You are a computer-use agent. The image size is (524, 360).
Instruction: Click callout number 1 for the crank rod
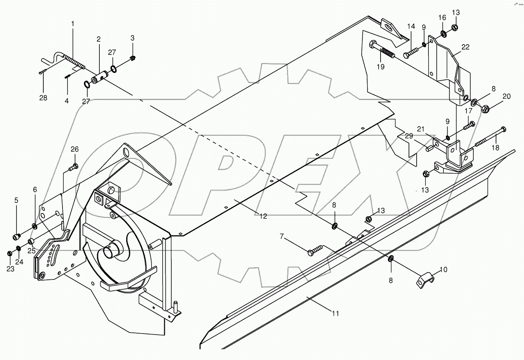73,24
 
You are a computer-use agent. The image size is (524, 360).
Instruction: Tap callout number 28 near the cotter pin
43,98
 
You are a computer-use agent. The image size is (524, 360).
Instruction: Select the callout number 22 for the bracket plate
465,47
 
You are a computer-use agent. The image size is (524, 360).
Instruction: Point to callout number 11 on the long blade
336,314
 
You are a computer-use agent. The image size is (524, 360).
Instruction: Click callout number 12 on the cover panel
263,216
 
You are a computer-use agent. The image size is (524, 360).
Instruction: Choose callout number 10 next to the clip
443,270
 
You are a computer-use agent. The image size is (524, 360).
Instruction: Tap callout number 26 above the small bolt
74,149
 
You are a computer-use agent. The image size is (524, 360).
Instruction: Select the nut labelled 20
484,109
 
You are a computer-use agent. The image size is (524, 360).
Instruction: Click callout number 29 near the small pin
409,136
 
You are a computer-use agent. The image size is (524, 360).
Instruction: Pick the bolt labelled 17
469,125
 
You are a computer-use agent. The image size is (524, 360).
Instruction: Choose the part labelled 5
16,236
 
